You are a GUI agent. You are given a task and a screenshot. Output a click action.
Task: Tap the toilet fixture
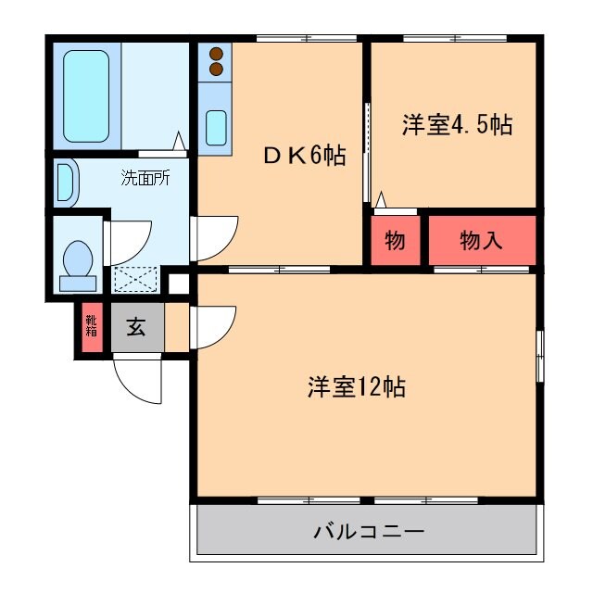[77, 262]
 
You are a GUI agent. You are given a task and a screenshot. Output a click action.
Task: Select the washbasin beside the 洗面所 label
[65, 183]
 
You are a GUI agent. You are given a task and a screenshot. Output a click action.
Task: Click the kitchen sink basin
[218, 127]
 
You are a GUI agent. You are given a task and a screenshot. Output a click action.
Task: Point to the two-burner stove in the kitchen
[217, 61]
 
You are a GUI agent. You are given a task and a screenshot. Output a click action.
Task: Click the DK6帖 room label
[303, 156]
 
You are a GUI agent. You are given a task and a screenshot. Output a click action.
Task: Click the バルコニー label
[369, 532]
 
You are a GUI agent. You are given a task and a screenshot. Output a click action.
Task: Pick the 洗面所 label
[145, 179]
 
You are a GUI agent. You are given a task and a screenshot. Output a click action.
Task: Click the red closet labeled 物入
[482, 241]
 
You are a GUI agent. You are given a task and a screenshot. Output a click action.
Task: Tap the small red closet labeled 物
[394, 241]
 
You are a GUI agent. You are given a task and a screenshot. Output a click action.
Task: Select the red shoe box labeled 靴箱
[91, 326]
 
